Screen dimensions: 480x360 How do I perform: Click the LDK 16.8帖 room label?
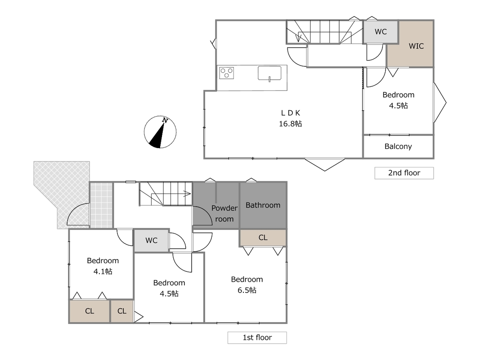pos(290,118)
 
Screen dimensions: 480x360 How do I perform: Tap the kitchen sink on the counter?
pos(269,73)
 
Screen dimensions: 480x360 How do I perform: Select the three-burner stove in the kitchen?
pos(227,73)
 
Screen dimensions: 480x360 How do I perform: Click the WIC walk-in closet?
pos(410,44)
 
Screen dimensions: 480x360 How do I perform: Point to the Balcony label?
pos(398,146)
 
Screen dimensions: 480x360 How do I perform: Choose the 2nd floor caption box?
pos(404,173)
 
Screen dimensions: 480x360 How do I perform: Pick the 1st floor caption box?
pos(257,337)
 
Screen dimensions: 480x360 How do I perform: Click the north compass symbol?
pos(160,132)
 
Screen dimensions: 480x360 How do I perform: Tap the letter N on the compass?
pos(165,120)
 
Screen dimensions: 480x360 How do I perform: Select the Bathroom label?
pos(263,205)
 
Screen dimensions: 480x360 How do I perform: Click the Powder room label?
pos(224,213)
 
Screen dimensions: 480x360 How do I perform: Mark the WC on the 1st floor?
pos(152,240)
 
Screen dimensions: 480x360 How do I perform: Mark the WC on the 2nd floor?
pos(381,32)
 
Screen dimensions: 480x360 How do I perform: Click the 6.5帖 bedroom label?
pos(247,285)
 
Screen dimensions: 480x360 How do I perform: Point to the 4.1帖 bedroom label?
pos(103,265)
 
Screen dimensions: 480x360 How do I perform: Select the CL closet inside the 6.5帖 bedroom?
pos(263,238)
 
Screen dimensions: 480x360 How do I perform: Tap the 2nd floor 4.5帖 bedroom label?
pos(398,100)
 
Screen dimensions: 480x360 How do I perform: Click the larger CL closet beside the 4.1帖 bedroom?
pos(90,311)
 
